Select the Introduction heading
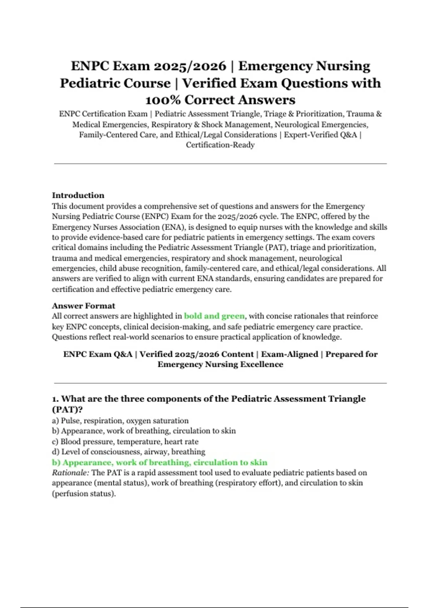click(78, 195)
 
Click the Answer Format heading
click(83, 306)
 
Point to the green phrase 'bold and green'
click(214, 316)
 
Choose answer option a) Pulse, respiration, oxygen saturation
click(120, 421)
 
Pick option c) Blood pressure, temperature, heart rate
click(125, 441)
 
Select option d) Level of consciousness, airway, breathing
click(129, 452)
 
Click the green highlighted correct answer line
click(159, 462)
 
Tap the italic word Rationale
click(70, 473)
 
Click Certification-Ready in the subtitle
click(220, 145)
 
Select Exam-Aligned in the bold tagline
click(289, 354)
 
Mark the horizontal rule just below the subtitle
click(220, 164)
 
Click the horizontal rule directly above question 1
click(220, 383)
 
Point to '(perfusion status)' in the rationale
click(84, 494)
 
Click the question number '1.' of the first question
click(55, 399)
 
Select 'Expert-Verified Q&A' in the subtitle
click(320, 135)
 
